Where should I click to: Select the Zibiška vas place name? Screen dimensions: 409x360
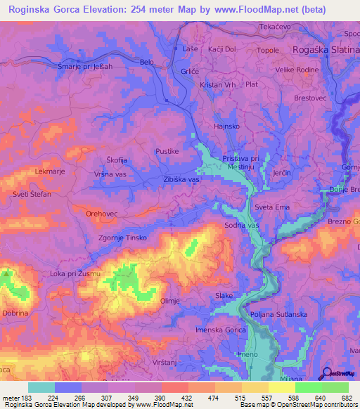(181, 180)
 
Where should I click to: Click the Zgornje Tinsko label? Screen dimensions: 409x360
(122, 238)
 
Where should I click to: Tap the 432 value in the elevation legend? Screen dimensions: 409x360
(188, 396)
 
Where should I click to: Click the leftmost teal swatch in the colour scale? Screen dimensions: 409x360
(41, 387)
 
